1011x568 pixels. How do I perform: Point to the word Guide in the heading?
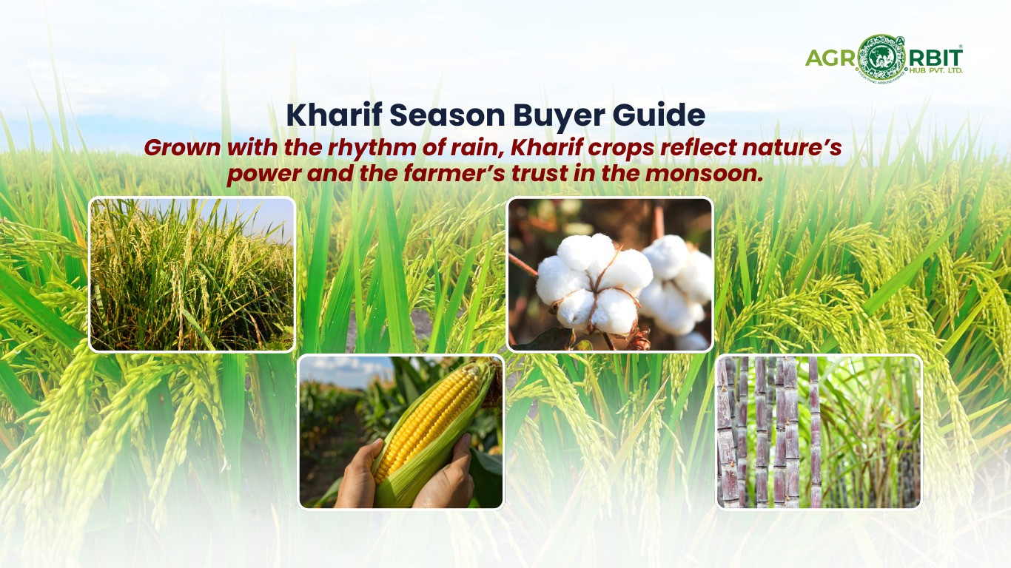click(x=661, y=116)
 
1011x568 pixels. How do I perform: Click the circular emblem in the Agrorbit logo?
click(x=879, y=56)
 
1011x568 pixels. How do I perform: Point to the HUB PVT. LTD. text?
click(x=936, y=71)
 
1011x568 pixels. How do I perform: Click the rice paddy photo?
click(x=192, y=274)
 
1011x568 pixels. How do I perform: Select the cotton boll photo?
click(x=610, y=274)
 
